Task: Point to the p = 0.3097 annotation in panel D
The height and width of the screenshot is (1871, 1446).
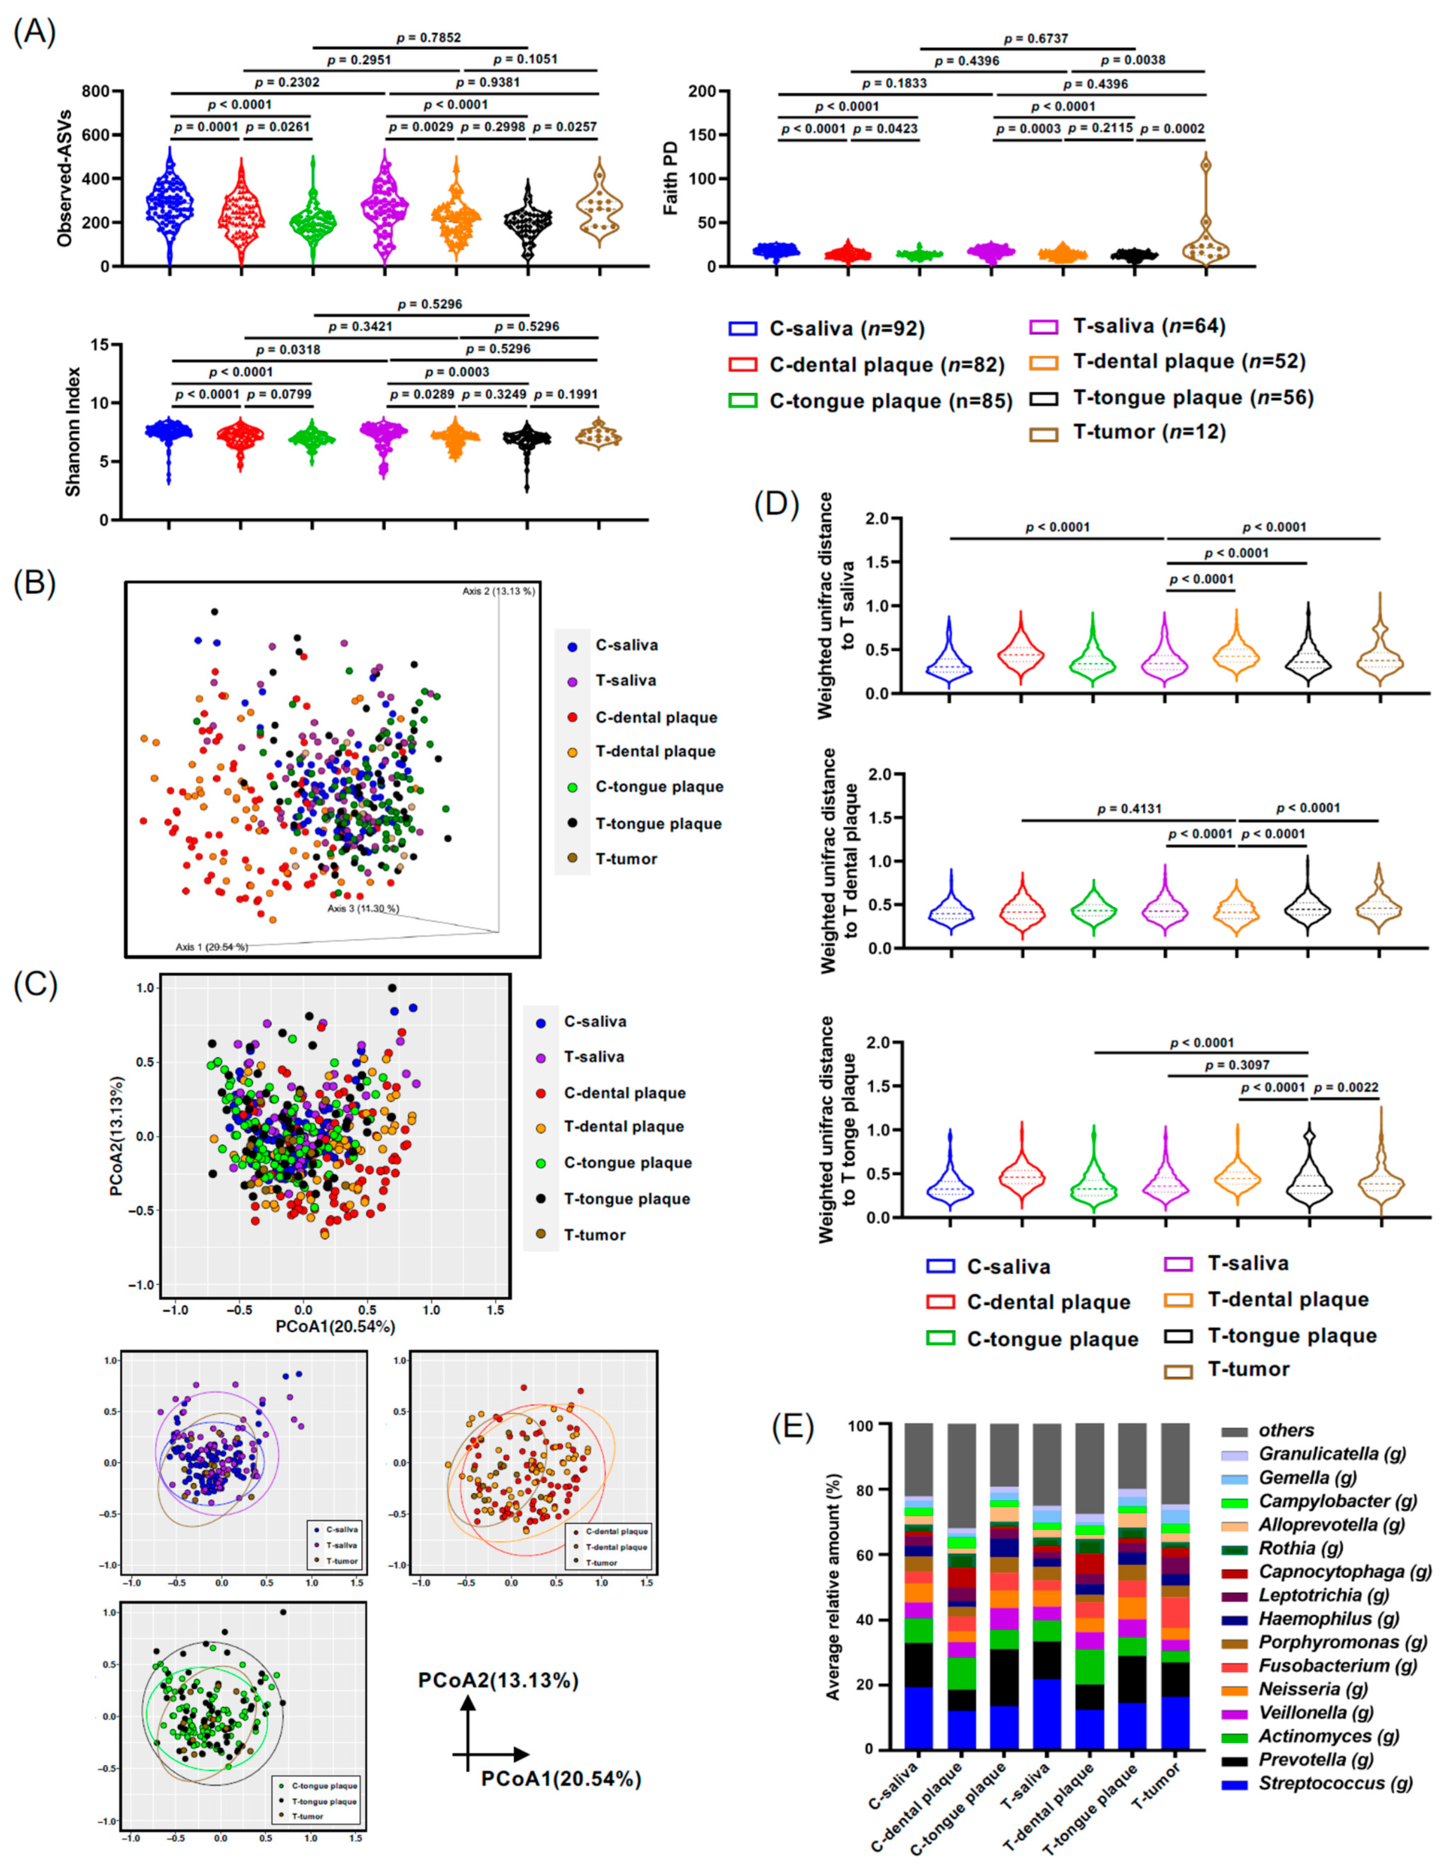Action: [1237, 1065]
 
